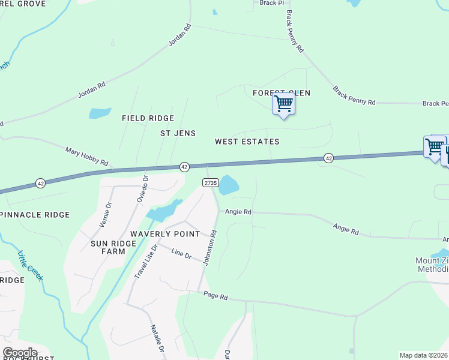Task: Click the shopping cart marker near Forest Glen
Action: pyautogui.click(x=283, y=104)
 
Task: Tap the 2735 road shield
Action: pyautogui.click(x=210, y=183)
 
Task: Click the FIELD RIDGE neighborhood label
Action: pyautogui.click(x=148, y=119)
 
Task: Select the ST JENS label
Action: pyautogui.click(x=178, y=133)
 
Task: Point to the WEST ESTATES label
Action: pyautogui.click(x=247, y=142)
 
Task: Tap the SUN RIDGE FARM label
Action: pyautogui.click(x=108, y=247)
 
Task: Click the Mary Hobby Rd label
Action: pyautogui.click(x=86, y=158)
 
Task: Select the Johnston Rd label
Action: pyautogui.click(x=209, y=250)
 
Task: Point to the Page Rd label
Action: pyautogui.click(x=216, y=296)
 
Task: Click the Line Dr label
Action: pyautogui.click(x=181, y=254)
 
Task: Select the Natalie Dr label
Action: pyautogui.click(x=157, y=338)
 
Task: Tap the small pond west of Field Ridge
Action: pyautogui.click(x=100, y=113)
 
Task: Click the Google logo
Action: pyautogui.click(x=20, y=353)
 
